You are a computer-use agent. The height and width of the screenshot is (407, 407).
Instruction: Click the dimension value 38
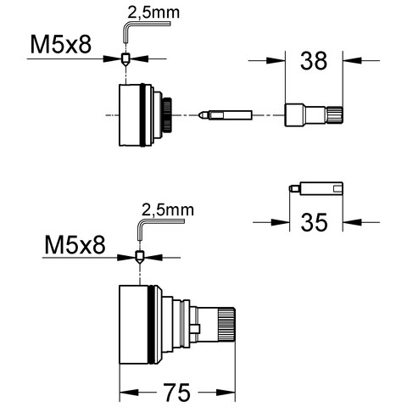point(314,61)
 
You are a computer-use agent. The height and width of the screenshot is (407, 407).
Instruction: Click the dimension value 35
point(314,222)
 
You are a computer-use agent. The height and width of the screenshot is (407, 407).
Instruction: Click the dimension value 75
point(177,393)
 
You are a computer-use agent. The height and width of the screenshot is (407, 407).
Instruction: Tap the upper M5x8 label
point(61,45)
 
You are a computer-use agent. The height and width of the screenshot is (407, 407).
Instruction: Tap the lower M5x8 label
point(75,245)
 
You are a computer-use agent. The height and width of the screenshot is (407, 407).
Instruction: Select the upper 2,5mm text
point(153,13)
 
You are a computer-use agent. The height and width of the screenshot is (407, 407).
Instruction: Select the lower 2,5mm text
point(168,210)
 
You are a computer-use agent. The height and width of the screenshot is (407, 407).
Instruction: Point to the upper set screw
point(125,59)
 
